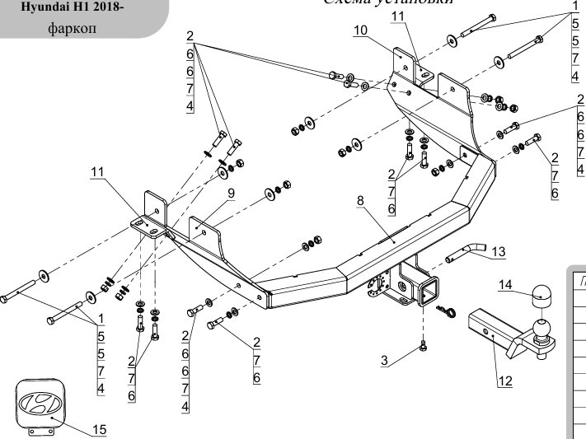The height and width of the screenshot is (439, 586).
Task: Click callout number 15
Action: point(99,429)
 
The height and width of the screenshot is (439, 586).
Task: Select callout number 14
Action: point(505,286)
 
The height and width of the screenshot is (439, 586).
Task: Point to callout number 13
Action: point(497,251)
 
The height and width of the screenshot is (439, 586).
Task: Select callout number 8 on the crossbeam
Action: point(359,200)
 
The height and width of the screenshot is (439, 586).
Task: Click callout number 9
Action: point(232,193)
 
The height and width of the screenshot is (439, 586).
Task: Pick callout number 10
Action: point(360,30)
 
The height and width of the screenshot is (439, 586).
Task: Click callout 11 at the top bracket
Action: point(398,16)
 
